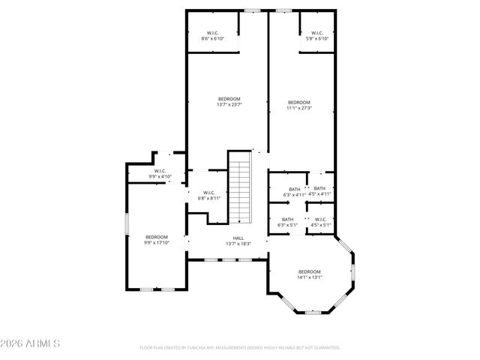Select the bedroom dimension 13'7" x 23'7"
(229, 103)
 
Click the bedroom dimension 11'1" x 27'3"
(299, 106)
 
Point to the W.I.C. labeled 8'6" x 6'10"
(212, 35)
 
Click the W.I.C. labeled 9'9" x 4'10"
(160, 174)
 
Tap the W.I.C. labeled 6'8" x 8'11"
(209, 196)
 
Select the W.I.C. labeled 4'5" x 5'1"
(321, 222)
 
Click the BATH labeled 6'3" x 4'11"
(293, 192)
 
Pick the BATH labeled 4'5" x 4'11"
(319, 191)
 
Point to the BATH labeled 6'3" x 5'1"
(288, 222)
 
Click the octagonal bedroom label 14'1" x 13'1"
(309, 274)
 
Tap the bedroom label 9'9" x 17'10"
(157, 240)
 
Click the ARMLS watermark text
(30, 343)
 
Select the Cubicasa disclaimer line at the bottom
(240, 347)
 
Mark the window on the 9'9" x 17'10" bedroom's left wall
(126, 224)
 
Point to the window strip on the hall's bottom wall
(227, 259)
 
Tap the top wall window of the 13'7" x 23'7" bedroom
(253, 10)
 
